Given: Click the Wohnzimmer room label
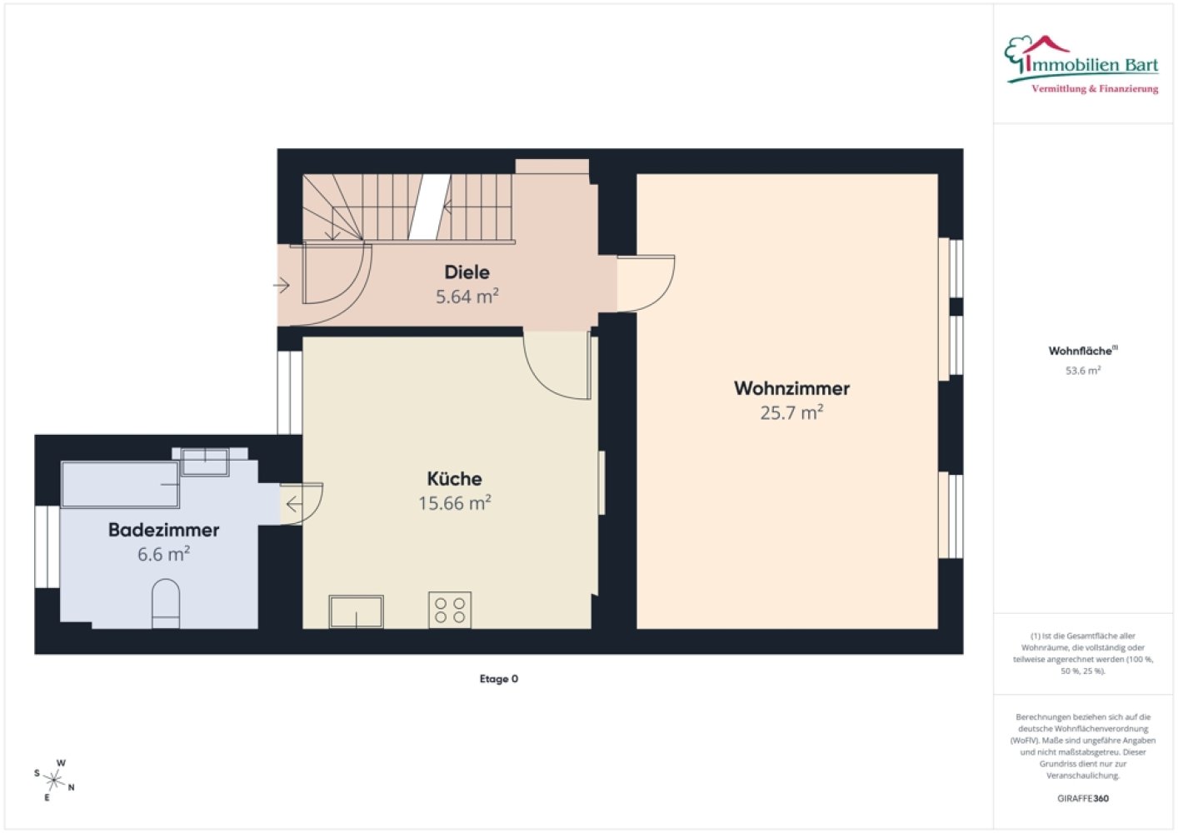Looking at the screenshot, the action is coord(791,389).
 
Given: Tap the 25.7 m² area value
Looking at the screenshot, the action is coord(791,413).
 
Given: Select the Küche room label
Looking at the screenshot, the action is coord(454,478).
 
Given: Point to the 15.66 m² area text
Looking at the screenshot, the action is coord(454,503).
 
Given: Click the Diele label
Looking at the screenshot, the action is coord(467,272).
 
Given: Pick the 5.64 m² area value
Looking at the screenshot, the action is coord(467,297).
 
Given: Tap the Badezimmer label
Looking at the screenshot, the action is coord(163,530).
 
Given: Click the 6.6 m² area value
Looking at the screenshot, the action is coord(163,554).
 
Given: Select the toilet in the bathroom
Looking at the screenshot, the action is coord(166,604).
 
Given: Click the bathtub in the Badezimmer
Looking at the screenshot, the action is coord(121,484).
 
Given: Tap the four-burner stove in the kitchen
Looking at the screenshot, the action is coord(450,610).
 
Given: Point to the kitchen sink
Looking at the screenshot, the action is coord(356,611).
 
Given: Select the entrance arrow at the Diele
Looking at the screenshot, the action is coord(282,286).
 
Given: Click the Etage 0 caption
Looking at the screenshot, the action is coord(498,679).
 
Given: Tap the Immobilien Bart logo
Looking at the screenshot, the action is coord(1081,65).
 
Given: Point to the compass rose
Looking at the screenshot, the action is coord(54,780).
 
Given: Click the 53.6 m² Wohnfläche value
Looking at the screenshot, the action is coord(1083,370).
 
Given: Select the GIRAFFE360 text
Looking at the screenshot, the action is coord(1083,798).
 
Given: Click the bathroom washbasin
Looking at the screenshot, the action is coord(205,462).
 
